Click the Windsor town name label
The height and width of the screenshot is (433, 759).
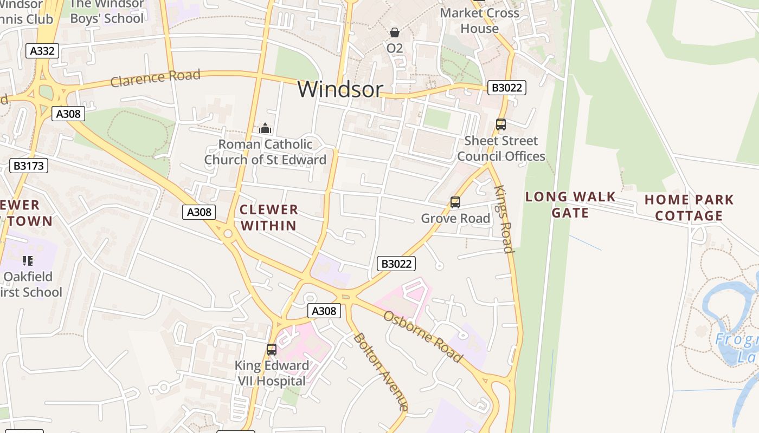340,89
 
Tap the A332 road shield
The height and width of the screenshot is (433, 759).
42,51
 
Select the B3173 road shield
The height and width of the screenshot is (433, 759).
29,166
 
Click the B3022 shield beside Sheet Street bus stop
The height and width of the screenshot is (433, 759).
507,88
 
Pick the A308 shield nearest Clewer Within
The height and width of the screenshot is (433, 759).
199,212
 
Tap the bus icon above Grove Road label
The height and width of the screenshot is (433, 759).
455,202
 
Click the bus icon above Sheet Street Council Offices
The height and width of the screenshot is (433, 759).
501,124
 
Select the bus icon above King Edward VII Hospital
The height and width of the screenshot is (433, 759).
272,350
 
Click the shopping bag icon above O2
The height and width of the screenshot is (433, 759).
395,32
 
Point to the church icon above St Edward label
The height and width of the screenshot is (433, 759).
265,128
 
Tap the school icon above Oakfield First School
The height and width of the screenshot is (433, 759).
28,261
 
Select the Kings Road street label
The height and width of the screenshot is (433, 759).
504,219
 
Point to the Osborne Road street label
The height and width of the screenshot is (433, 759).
423,336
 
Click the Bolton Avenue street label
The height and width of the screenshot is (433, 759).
380,372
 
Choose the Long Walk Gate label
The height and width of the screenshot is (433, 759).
570,205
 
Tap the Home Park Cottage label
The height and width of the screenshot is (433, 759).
689,208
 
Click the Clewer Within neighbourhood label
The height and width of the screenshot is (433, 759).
269,218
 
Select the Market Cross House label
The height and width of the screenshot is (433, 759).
479,21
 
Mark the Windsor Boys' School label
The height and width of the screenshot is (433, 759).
107,11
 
